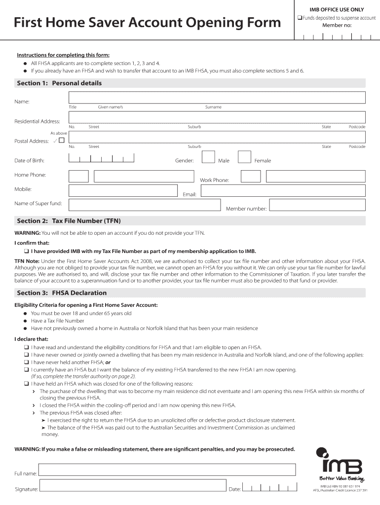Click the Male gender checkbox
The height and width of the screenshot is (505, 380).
click(208, 157)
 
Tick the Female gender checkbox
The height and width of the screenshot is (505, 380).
click(244, 157)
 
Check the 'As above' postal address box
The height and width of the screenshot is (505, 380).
click(62, 140)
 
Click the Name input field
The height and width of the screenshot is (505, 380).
click(217, 98)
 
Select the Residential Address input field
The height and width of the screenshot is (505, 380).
click(217, 117)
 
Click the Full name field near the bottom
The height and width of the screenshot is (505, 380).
click(167, 469)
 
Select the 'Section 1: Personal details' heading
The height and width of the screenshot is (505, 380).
click(59, 83)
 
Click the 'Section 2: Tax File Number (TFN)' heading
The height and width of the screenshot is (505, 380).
click(69, 220)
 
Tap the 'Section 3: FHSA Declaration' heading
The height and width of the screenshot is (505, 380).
click(62, 293)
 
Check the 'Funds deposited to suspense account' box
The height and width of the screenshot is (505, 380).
click(299, 18)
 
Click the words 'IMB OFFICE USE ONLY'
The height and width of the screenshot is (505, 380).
click(336, 10)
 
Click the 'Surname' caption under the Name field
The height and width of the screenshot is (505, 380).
click(213, 107)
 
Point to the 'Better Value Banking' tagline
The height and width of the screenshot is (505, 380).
click(342, 478)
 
